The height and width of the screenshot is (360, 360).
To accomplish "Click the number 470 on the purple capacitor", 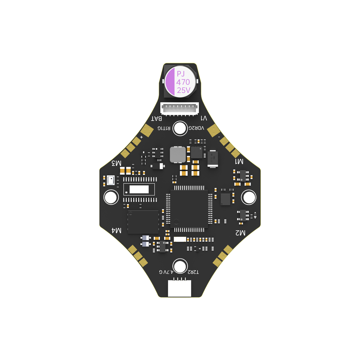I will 183,82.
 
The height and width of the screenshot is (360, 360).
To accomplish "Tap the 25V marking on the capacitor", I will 184,91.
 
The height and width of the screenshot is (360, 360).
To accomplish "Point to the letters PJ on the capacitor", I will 180,74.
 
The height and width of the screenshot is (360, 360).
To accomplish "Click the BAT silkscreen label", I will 157,118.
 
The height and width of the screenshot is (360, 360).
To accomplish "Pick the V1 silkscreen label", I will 204,118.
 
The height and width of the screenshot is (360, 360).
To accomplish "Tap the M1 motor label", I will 239,161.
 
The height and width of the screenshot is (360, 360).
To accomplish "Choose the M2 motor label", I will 240,233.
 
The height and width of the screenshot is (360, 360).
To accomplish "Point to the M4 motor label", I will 117,230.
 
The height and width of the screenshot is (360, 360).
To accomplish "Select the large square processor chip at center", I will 189,209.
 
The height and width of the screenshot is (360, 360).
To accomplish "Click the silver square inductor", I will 177,154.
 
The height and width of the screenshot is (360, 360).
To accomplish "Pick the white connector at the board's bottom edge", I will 179,288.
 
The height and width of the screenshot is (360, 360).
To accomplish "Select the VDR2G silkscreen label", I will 197,129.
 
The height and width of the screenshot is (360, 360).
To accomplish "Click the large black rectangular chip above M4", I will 143,222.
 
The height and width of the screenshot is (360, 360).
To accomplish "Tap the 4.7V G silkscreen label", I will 166,272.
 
